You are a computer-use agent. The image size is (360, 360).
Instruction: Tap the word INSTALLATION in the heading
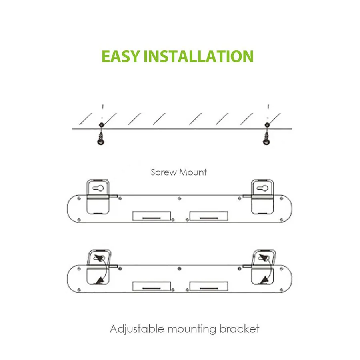pos(198,56)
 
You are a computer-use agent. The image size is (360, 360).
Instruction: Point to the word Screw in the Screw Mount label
pos(163,172)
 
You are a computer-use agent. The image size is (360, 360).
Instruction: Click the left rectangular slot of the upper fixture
pos(152,216)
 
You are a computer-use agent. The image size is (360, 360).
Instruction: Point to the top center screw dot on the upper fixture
pos(179,197)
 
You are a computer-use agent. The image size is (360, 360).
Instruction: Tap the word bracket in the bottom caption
pos(239,330)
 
